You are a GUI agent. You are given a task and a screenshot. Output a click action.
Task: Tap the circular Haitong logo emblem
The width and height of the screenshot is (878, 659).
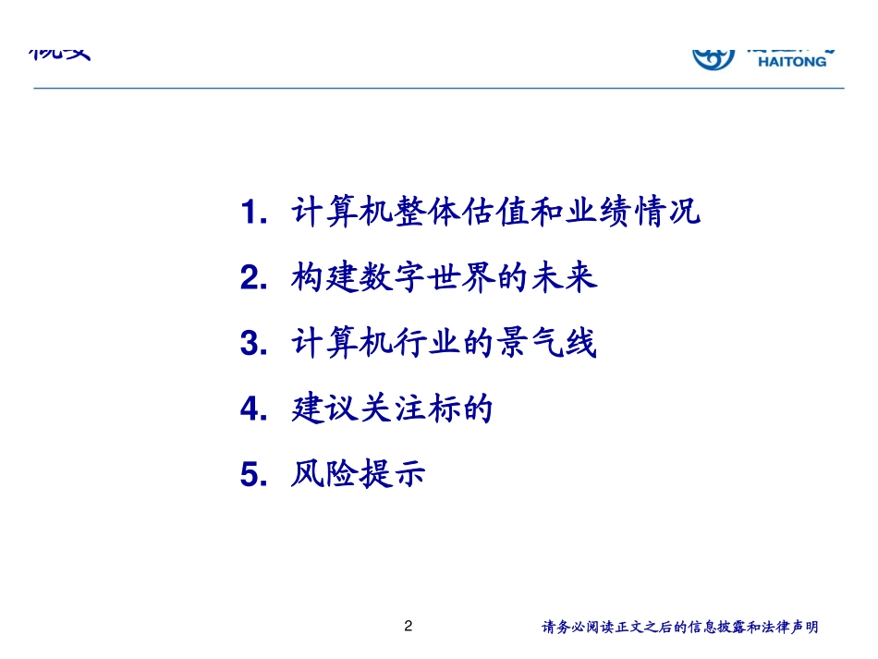[x=714, y=57]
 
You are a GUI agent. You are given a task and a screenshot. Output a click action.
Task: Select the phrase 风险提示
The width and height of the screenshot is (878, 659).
[x=359, y=475]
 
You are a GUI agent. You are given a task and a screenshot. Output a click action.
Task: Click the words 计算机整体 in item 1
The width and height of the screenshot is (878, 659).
[x=358, y=213]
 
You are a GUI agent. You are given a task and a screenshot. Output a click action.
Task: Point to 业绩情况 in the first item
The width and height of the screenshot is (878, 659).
[x=633, y=213]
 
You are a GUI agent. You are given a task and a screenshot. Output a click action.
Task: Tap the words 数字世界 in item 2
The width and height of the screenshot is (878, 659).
[x=426, y=278]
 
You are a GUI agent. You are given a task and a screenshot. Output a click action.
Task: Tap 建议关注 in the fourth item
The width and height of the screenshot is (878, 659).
[x=359, y=409]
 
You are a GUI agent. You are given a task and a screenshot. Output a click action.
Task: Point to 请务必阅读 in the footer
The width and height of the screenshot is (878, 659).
[x=573, y=628]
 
